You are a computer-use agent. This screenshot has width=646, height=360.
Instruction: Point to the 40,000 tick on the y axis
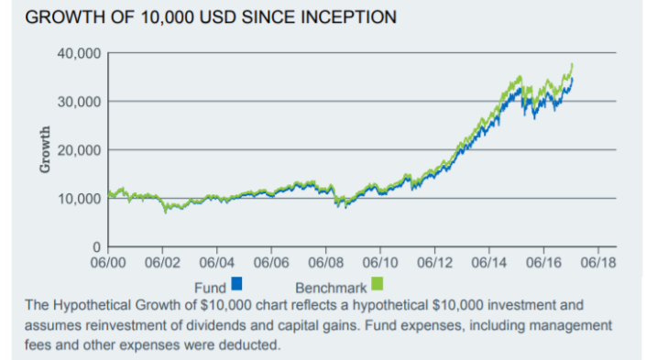tap(78, 53)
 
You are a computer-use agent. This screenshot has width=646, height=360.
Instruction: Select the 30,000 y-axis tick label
tap(78, 102)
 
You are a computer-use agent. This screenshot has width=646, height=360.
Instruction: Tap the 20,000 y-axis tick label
tap(78, 150)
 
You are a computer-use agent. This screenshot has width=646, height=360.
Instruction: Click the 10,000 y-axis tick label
tap(78, 199)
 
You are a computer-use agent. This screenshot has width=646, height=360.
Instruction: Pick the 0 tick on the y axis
tap(95, 247)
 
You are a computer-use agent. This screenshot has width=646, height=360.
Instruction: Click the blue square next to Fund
tap(236, 283)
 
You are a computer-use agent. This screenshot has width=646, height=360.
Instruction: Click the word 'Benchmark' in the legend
tap(331, 288)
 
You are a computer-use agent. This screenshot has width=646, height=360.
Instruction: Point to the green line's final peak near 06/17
tap(573, 65)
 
